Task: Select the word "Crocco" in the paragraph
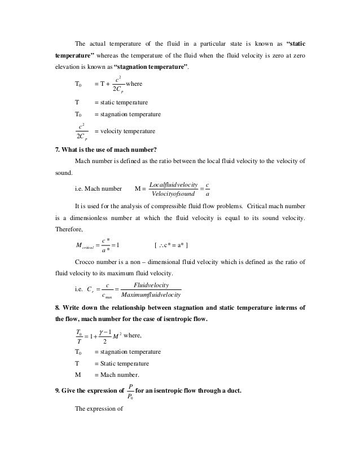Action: click(86, 262)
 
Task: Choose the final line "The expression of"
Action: click(99, 410)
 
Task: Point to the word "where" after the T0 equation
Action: click(135, 84)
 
